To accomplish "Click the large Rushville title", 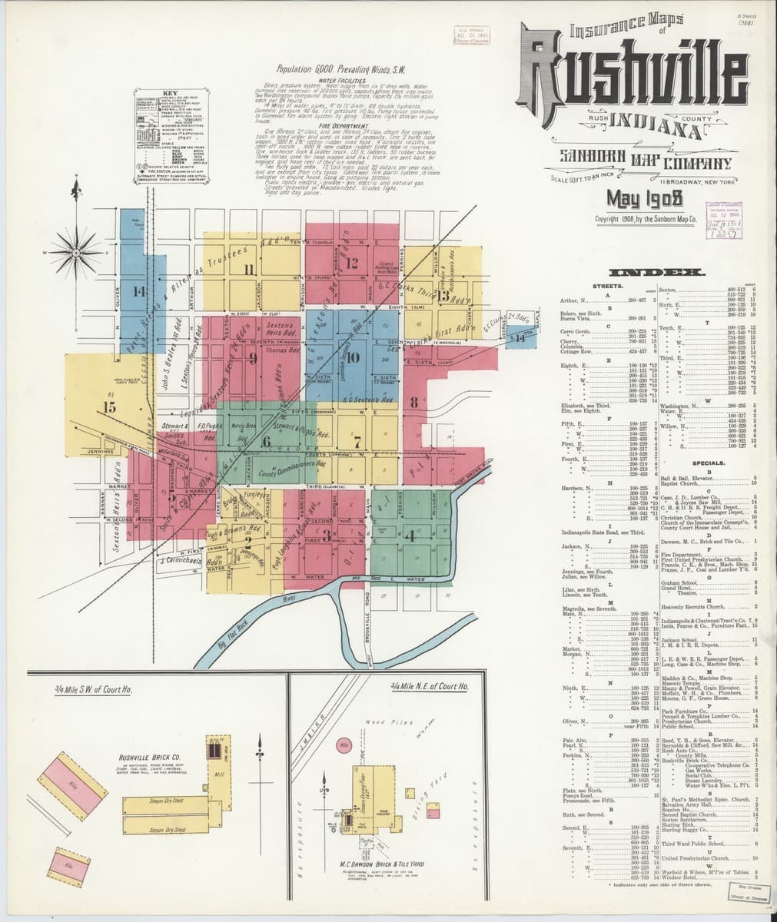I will tap(633, 81).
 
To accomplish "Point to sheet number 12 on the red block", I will tap(353, 263).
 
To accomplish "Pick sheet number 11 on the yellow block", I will tap(248, 270).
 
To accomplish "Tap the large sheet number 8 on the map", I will tap(413, 400).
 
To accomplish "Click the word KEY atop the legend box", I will tap(171, 93).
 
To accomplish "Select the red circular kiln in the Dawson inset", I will tap(344, 745).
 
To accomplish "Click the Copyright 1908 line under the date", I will tap(645, 218).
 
